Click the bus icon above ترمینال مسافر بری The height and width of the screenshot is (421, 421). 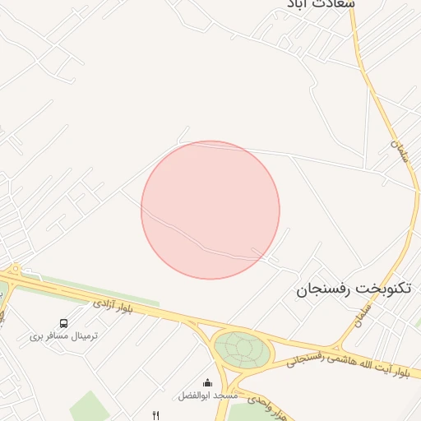[x=64, y=323]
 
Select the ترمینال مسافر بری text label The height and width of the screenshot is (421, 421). [x=64, y=335]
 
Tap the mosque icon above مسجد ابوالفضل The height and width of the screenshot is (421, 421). [x=207, y=382]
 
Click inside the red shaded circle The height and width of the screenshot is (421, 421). [x=210, y=210]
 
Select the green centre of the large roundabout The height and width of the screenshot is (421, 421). [x=242, y=349]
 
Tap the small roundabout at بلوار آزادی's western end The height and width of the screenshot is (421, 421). [x=14, y=268]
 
